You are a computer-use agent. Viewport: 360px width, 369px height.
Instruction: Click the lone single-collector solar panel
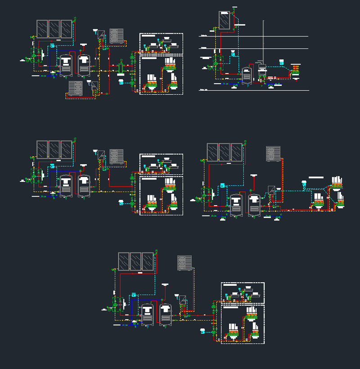click(x=224, y=20)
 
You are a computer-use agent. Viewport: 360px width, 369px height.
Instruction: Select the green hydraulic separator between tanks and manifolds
click(x=121, y=68)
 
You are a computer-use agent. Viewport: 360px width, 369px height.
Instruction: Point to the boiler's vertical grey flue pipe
click(x=264, y=40)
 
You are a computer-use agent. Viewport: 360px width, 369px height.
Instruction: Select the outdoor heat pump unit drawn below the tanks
click(x=75, y=88)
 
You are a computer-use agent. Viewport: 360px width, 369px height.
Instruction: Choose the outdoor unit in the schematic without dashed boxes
click(x=273, y=153)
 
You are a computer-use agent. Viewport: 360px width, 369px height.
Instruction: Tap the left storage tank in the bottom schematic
click(x=147, y=315)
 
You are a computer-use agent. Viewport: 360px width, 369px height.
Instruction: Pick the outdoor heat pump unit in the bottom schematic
click(x=184, y=263)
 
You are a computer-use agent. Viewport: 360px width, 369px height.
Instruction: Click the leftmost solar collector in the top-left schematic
click(x=42, y=28)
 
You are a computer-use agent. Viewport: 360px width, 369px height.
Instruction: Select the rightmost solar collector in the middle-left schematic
click(x=67, y=149)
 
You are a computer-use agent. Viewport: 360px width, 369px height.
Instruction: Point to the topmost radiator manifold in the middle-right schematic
click(x=337, y=181)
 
